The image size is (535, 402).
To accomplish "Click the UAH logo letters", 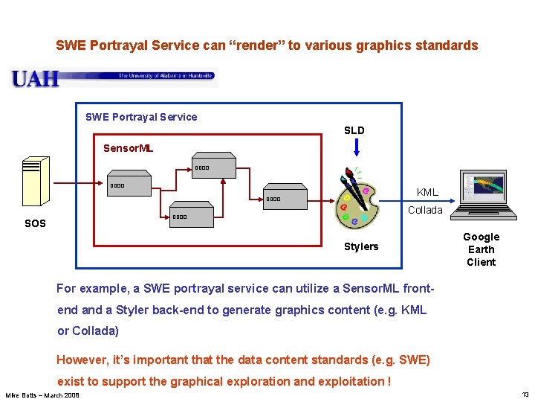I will [35, 78].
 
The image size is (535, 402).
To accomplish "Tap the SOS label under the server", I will [35, 223].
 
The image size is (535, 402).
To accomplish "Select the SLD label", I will [354, 130].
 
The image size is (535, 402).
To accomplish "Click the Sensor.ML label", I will [128, 148].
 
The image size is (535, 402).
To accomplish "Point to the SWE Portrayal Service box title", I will [141, 117].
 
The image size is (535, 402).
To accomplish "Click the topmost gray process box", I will [214, 167].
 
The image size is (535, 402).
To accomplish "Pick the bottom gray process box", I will [192, 215].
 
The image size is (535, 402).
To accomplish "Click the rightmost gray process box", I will [285, 197].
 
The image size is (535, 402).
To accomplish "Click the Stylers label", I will [361, 246].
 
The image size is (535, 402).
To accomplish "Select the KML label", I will [427, 192].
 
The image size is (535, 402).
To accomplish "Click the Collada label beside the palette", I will [425, 210].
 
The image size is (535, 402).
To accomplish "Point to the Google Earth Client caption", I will [481, 249].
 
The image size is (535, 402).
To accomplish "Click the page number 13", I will [525, 395].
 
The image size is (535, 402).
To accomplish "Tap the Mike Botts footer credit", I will [42, 395].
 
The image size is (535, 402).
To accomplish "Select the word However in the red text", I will [82, 360].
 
